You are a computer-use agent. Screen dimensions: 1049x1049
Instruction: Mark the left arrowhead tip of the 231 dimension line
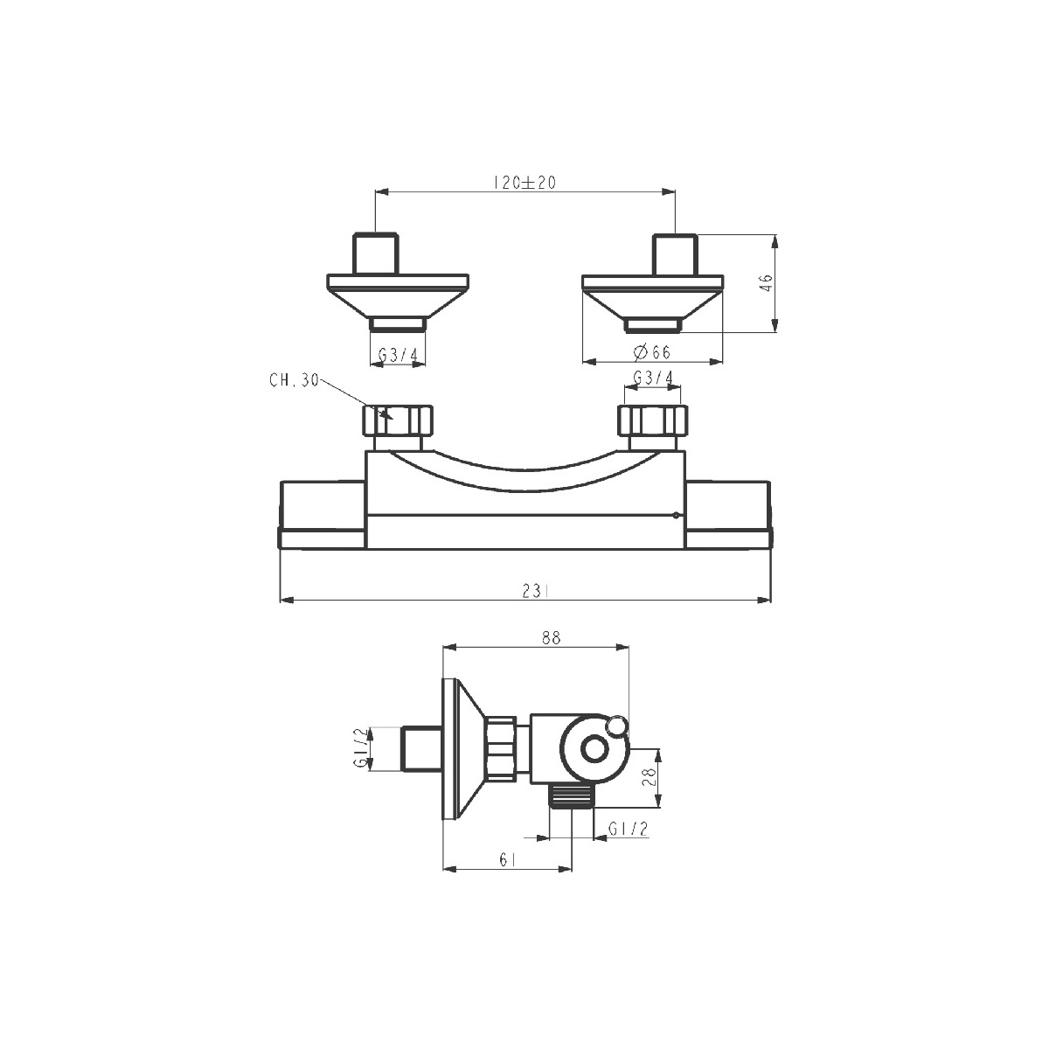point(280,601)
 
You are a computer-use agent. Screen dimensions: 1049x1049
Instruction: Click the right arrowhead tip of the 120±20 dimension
point(675,191)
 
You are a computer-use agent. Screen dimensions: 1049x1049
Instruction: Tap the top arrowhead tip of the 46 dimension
point(775,235)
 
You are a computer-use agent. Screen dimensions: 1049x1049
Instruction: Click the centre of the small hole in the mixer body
point(676,515)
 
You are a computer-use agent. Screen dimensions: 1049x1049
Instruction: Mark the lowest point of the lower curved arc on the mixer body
point(525,491)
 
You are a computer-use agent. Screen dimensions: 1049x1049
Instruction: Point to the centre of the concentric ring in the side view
point(594,748)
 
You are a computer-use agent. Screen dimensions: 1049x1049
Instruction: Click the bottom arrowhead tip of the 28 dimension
point(659,807)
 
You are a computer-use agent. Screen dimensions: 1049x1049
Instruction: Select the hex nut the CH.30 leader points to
point(398,420)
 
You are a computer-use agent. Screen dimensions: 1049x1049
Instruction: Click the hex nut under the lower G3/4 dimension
point(653,420)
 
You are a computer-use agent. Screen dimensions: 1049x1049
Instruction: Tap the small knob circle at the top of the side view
point(617,726)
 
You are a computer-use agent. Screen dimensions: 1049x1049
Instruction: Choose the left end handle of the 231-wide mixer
point(322,514)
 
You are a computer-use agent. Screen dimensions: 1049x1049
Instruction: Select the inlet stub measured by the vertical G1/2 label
point(421,748)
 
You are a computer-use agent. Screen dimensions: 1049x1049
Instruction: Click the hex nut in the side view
point(502,749)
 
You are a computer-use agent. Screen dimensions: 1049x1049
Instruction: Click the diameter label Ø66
point(652,352)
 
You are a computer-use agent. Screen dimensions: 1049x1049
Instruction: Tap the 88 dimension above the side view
point(551,637)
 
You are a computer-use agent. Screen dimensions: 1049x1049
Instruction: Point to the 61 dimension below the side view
point(507,859)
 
